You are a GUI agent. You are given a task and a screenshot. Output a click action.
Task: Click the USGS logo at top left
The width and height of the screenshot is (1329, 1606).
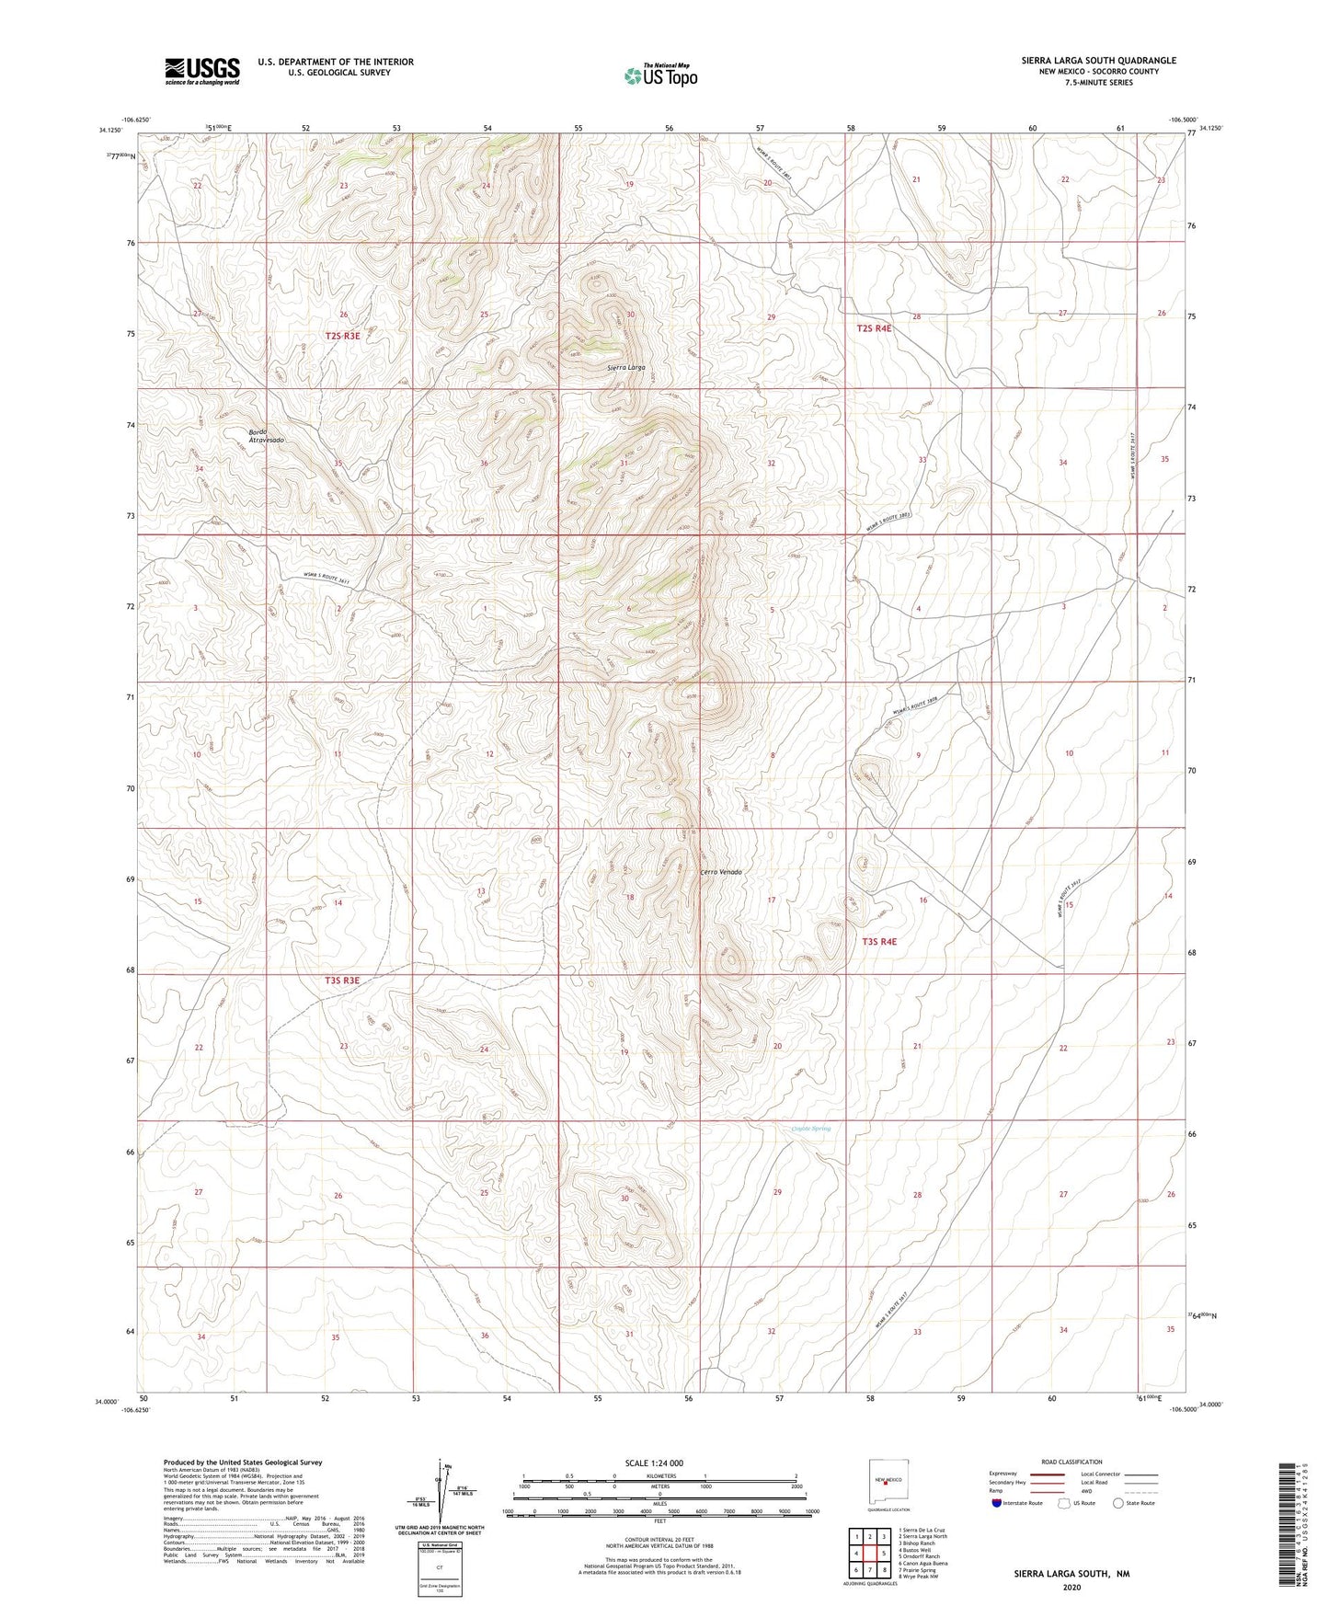click(201, 71)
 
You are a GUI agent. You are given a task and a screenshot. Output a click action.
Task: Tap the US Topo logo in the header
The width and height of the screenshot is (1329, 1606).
click(660, 75)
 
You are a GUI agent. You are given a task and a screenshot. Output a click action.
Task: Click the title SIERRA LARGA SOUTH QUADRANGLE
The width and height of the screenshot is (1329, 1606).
click(1098, 61)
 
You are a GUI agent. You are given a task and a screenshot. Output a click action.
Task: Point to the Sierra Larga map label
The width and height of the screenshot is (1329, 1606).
click(625, 367)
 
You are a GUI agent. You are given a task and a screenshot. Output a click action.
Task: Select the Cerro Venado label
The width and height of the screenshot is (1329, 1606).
click(721, 872)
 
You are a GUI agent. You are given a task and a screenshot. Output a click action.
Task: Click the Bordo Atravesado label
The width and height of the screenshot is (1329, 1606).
click(266, 436)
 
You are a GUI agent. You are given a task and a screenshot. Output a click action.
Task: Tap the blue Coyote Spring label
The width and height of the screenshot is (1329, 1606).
click(811, 1129)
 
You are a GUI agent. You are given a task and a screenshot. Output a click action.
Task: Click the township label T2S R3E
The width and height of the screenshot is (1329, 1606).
click(342, 337)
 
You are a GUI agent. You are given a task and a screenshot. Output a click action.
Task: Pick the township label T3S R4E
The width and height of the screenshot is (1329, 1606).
click(878, 942)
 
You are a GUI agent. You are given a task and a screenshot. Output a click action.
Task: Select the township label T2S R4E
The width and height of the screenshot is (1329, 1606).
click(874, 328)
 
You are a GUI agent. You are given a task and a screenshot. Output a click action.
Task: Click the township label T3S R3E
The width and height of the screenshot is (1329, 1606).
click(342, 981)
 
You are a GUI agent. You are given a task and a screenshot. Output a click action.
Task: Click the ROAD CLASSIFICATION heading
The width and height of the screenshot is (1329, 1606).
click(1071, 1462)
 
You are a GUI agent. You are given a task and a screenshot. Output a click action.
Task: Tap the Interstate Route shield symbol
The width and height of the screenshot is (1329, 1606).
click(998, 1503)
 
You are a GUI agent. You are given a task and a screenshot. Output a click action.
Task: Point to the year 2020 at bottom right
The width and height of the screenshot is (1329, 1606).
click(1071, 1587)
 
